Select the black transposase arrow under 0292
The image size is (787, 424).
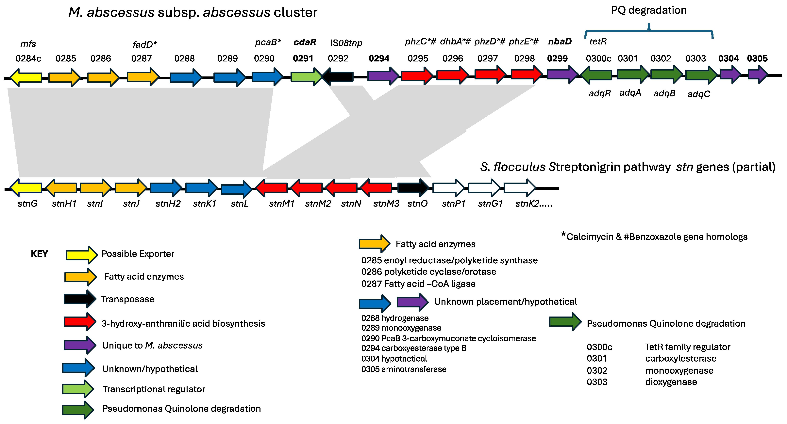338,76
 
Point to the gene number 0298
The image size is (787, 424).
524,58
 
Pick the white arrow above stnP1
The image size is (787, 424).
448,188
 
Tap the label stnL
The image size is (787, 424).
240,204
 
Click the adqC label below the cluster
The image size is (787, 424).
699,94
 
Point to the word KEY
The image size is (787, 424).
39,254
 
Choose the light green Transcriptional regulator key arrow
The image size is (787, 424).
78,389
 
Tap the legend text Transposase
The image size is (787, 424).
128,299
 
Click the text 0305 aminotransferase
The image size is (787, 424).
404,369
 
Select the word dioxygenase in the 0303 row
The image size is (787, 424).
671,382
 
